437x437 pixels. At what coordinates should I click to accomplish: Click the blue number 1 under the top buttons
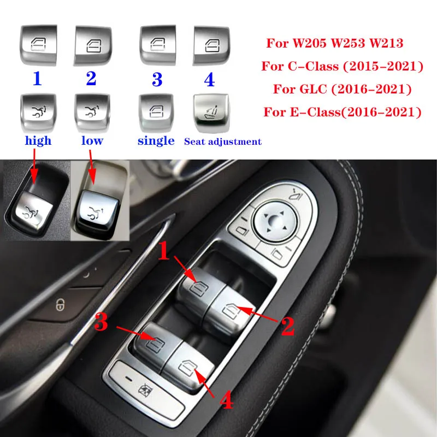point(37,79)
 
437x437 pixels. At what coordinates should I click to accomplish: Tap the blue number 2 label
point(91,79)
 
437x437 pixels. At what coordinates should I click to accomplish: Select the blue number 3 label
point(157,80)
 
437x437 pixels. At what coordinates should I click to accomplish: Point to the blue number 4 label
point(209,80)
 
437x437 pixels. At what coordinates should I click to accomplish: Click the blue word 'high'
point(38,140)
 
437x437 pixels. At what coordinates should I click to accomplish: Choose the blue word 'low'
point(92,140)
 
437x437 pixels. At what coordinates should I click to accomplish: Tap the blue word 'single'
point(156,140)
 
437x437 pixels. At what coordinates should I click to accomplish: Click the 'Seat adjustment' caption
point(222,141)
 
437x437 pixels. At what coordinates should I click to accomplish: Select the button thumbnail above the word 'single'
point(156,112)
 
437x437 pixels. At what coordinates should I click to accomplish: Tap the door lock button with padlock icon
point(60,305)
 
